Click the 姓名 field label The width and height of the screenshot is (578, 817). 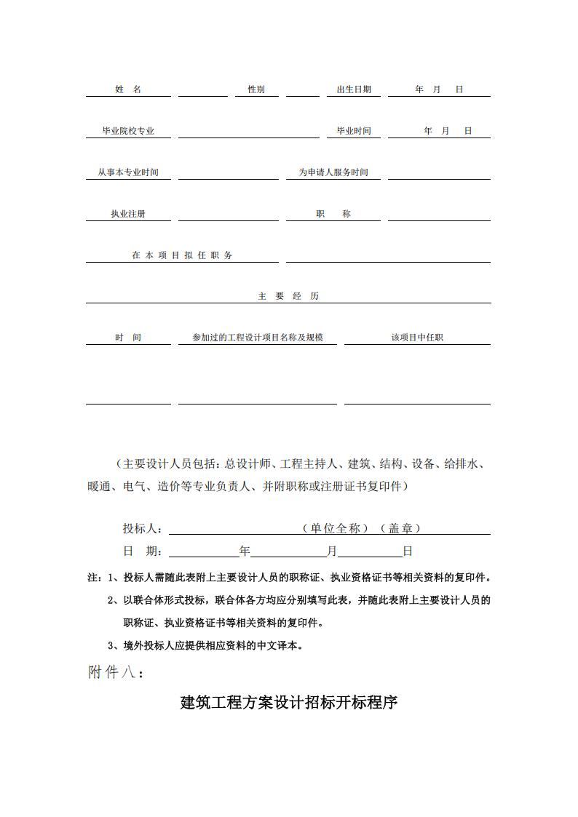coord(128,89)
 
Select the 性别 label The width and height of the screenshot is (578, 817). coord(256,89)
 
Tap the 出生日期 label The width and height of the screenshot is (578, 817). coord(354,89)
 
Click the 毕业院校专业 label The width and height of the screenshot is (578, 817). coord(128,132)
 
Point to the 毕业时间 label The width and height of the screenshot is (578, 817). coord(354,131)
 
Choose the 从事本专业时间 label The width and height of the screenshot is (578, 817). coord(128,173)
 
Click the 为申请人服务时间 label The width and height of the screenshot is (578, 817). coord(333,173)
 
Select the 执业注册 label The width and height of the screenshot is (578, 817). coord(128,215)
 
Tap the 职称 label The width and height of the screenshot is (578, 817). coord(333,215)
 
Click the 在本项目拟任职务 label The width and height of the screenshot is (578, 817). coord(182,255)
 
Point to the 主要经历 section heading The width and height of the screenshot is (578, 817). coord(288,296)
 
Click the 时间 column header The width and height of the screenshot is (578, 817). coord(128,338)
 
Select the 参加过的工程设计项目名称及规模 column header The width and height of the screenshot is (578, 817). coord(258,338)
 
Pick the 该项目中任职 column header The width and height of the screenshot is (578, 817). coord(417,338)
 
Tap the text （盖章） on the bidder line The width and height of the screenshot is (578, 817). coord(401,529)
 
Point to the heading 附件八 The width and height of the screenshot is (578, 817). coord(116,672)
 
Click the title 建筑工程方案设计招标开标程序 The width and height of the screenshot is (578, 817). coord(289,704)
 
